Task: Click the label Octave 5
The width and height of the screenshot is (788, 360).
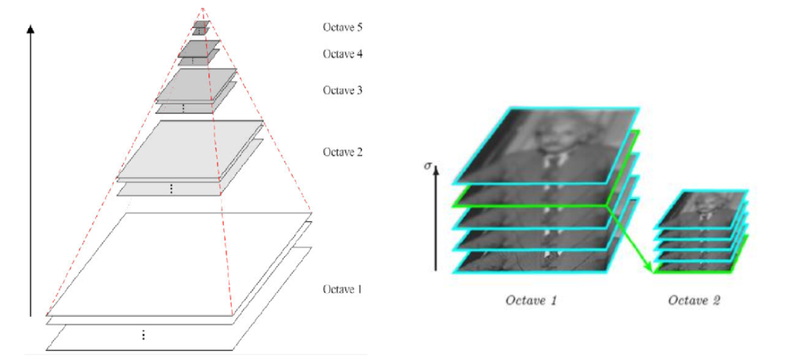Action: point(342,27)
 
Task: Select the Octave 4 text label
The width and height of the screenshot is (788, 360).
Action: point(342,53)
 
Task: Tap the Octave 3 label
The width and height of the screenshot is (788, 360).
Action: point(342,90)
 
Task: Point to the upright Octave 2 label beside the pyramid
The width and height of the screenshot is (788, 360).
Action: point(342,152)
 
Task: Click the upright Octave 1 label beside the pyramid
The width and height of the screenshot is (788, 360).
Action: point(342,289)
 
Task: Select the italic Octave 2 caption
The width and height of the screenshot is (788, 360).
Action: point(694,300)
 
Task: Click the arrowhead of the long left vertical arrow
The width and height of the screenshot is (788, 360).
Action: point(30,29)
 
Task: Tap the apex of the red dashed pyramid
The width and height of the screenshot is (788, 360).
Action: point(202,8)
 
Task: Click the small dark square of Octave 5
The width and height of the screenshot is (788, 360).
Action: point(200,25)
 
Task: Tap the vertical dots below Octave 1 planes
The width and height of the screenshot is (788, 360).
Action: point(143,335)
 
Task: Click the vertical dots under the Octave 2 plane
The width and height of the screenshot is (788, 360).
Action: point(171,189)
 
